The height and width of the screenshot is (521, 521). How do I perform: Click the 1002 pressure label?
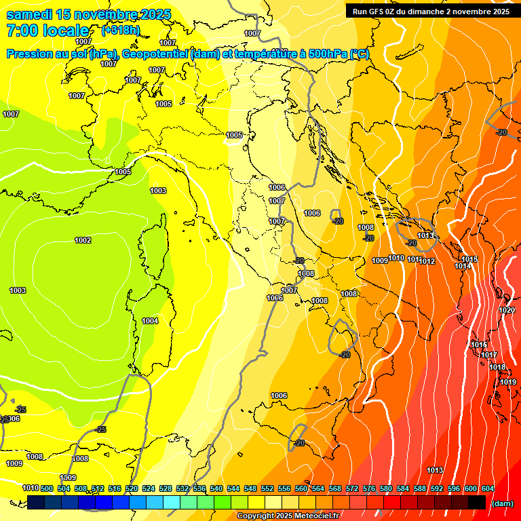(83, 240)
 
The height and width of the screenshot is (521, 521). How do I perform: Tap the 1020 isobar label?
(507, 310)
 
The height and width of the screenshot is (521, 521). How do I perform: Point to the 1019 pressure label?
(509, 382)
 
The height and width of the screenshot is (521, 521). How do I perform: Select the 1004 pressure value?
(150, 321)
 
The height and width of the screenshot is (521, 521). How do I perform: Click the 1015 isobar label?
(469, 259)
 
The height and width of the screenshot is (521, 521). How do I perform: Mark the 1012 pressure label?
(427, 261)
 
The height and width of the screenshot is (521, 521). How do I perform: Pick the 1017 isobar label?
(488, 355)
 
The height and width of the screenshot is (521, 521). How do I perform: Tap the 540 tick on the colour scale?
(216, 488)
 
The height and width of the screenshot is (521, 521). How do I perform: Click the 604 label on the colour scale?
(488, 488)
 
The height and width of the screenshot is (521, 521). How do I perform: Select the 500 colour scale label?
(47, 488)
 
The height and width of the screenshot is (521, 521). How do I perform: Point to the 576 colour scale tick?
(369, 488)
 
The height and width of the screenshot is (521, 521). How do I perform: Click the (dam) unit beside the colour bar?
(502, 503)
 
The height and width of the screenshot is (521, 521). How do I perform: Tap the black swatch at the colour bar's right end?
(477, 502)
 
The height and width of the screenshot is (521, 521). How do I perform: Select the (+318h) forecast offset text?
(121, 30)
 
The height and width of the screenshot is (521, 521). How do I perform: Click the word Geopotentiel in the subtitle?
(154, 54)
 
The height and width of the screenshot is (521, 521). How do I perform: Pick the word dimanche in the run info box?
(428, 11)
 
